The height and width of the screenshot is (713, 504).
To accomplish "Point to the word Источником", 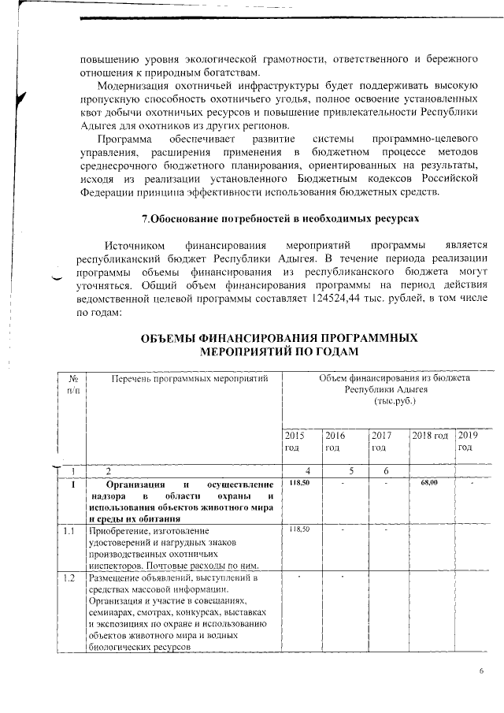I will click(x=137, y=246).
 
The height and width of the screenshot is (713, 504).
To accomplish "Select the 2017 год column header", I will click(x=382, y=441).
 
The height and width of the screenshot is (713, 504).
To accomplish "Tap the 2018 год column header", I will click(x=430, y=436).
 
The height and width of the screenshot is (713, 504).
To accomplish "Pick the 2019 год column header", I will click(x=468, y=441).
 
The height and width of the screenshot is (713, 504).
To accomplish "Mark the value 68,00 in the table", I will click(x=429, y=482).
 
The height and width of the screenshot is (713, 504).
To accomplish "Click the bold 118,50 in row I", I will click(x=298, y=482).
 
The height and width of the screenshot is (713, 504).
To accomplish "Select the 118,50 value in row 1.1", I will click(x=298, y=530).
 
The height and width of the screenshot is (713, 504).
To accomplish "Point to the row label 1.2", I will click(x=70, y=579).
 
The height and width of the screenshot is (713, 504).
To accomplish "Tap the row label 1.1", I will click(x=70, y=531).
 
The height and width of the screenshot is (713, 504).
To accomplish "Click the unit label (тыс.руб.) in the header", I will click(x=395, y=400).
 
